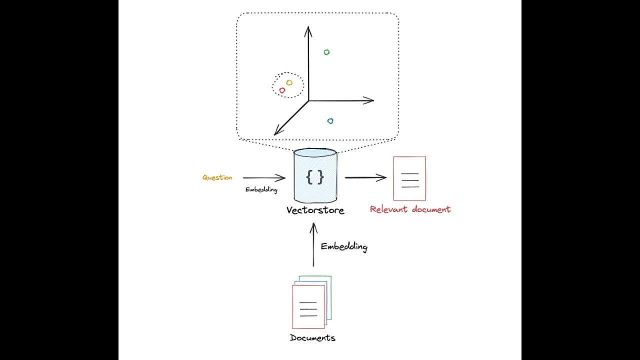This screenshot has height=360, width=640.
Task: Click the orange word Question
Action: (x=217, y=177)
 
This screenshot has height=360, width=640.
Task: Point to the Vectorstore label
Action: (x=315, y=210)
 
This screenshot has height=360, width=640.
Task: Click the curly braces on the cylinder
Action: (x=315, y=177)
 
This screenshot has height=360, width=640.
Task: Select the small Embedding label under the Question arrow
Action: (x=261, y=189)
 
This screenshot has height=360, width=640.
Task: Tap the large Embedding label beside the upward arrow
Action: (x=344, y=246)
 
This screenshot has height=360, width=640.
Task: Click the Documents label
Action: (x=312, y=337)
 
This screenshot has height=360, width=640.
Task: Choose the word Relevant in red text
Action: (x=388, y=209)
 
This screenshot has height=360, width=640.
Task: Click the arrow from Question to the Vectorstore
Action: (x=264, y=177)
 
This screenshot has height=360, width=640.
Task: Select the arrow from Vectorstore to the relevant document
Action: (x=365, y=177)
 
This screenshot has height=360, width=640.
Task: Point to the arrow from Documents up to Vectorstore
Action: (x=313, y=245)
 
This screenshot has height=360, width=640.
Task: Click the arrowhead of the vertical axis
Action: (x=308, y=31)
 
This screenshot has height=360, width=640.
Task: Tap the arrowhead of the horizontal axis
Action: (x=369, y=100)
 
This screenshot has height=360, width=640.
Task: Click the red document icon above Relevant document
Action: (x=409, y=178)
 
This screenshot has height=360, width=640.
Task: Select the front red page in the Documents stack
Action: (x=308, y=307)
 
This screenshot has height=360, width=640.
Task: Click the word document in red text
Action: (x=431, y=209)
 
